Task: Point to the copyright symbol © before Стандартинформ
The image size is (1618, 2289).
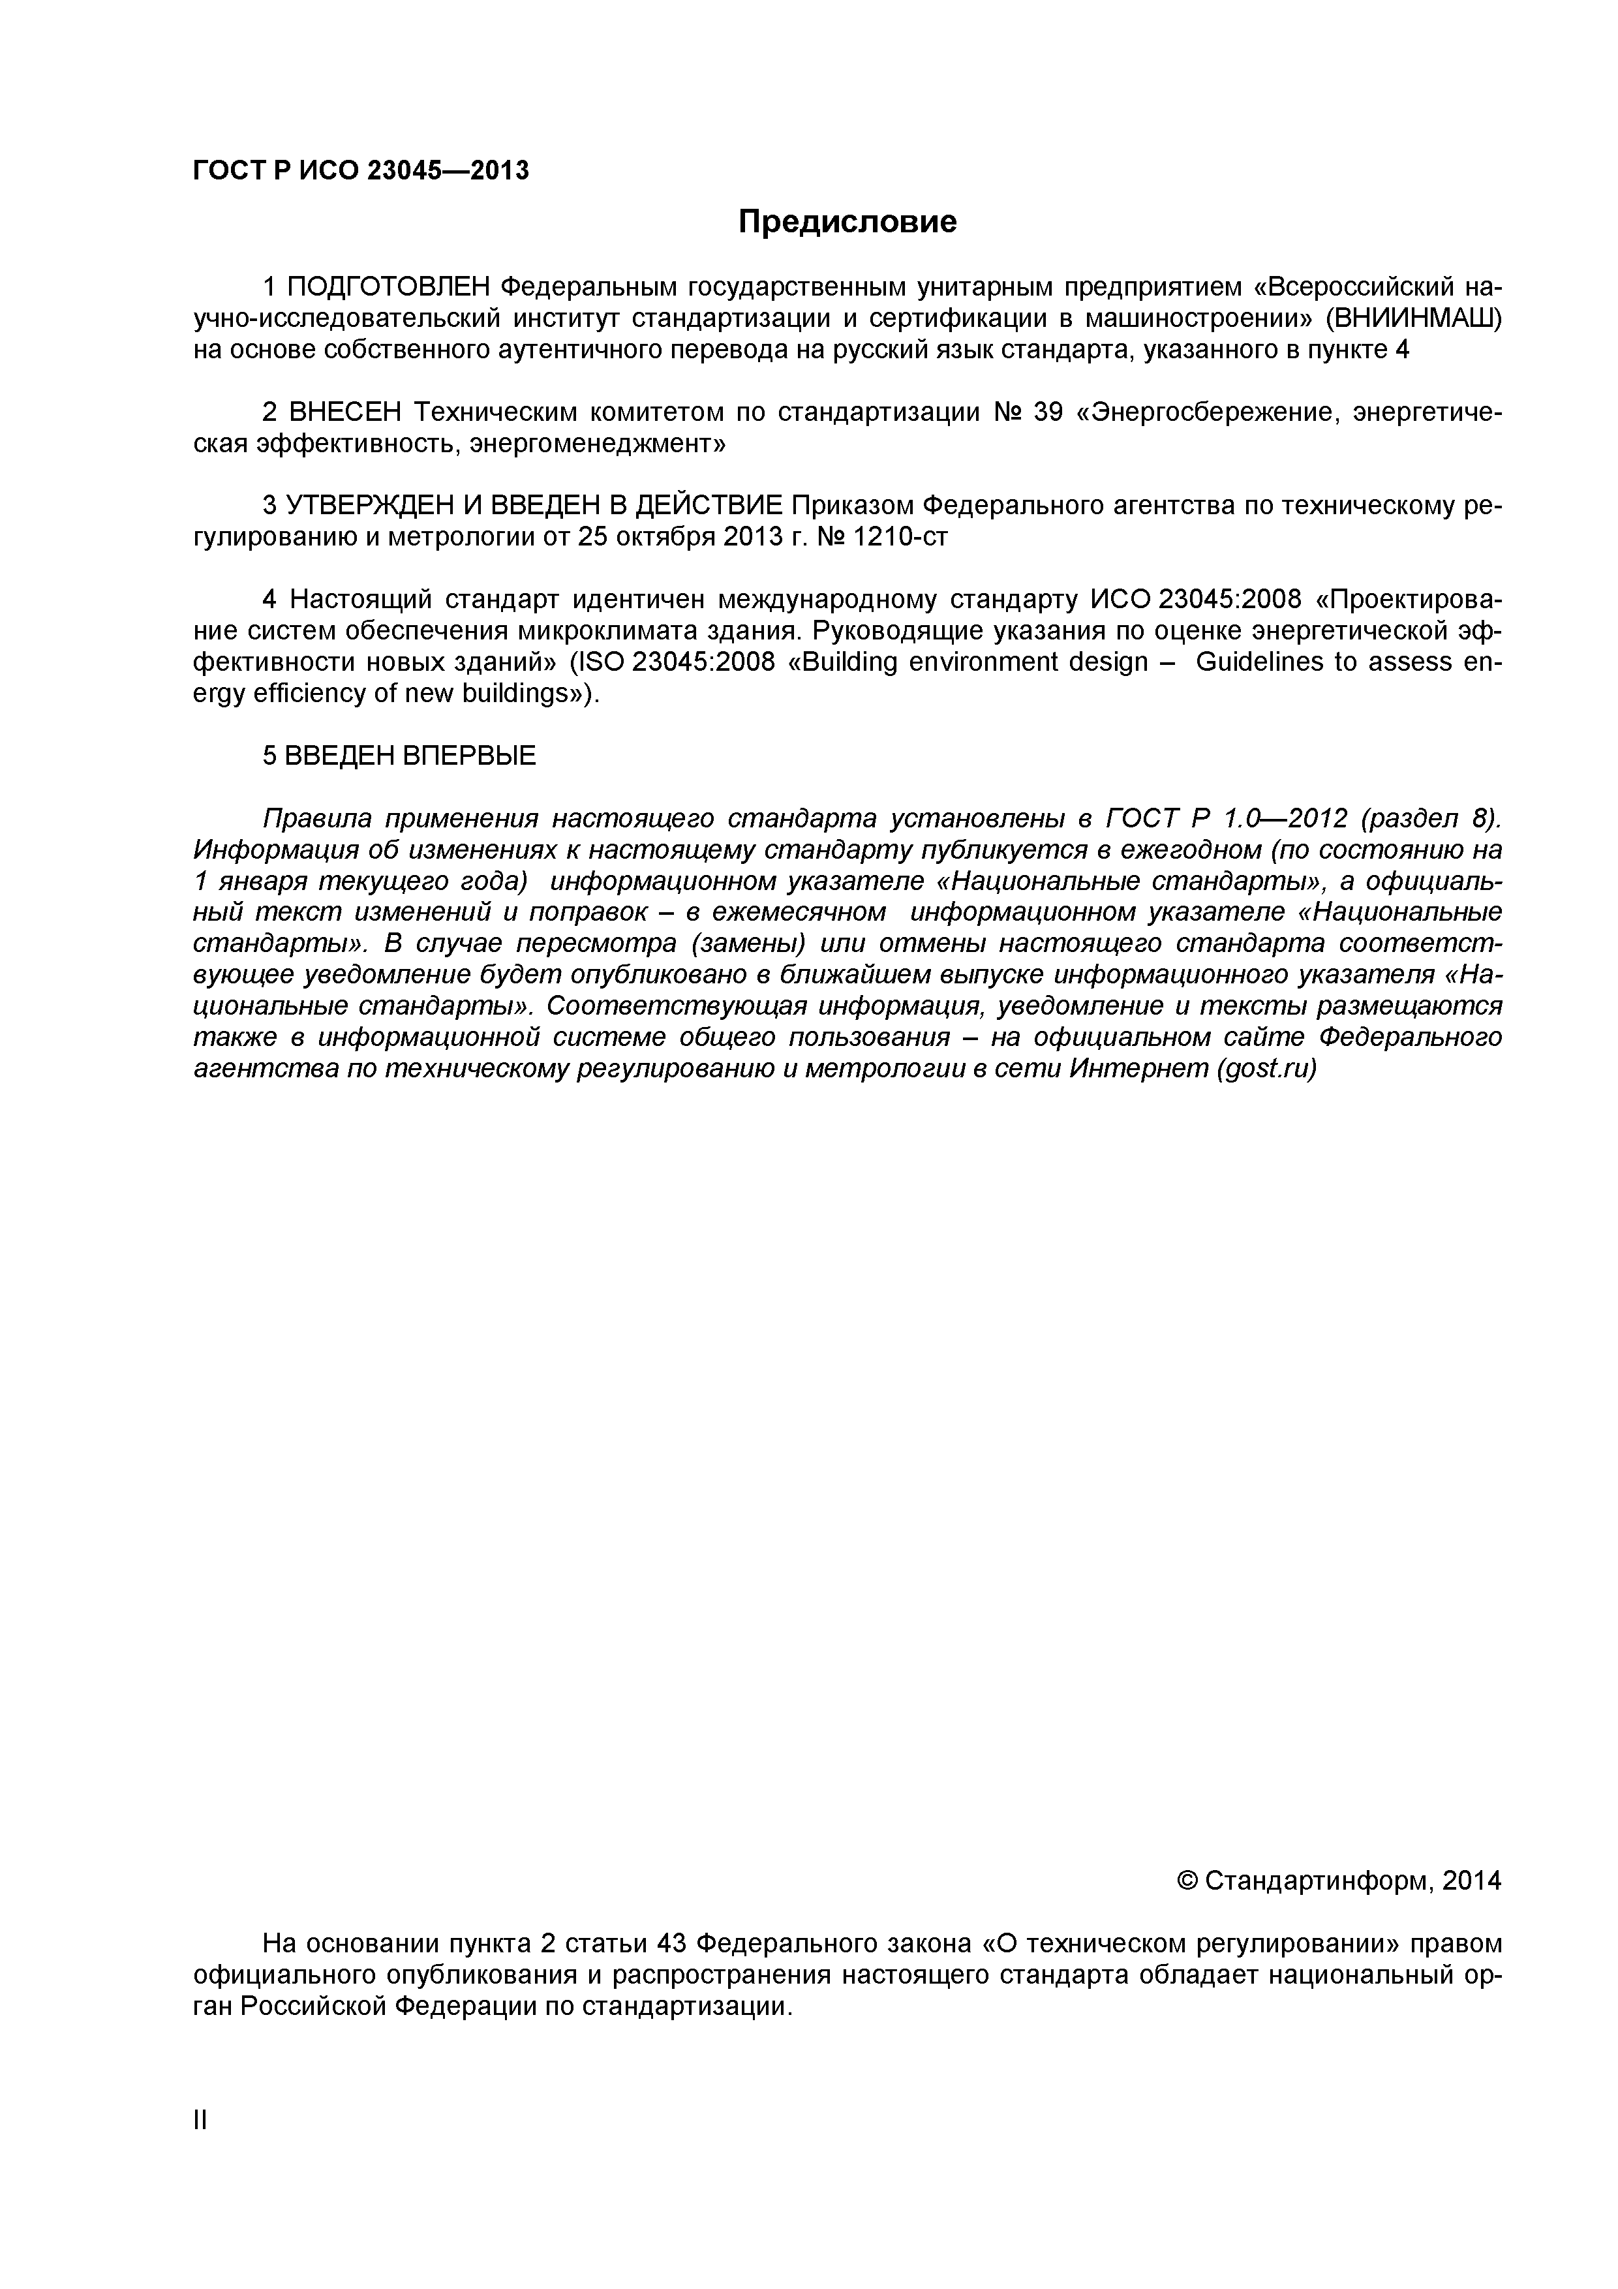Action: [1187, 1881]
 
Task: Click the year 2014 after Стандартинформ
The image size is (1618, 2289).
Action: [1471, 1881]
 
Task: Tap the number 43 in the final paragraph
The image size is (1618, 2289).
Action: [669, 1944]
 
